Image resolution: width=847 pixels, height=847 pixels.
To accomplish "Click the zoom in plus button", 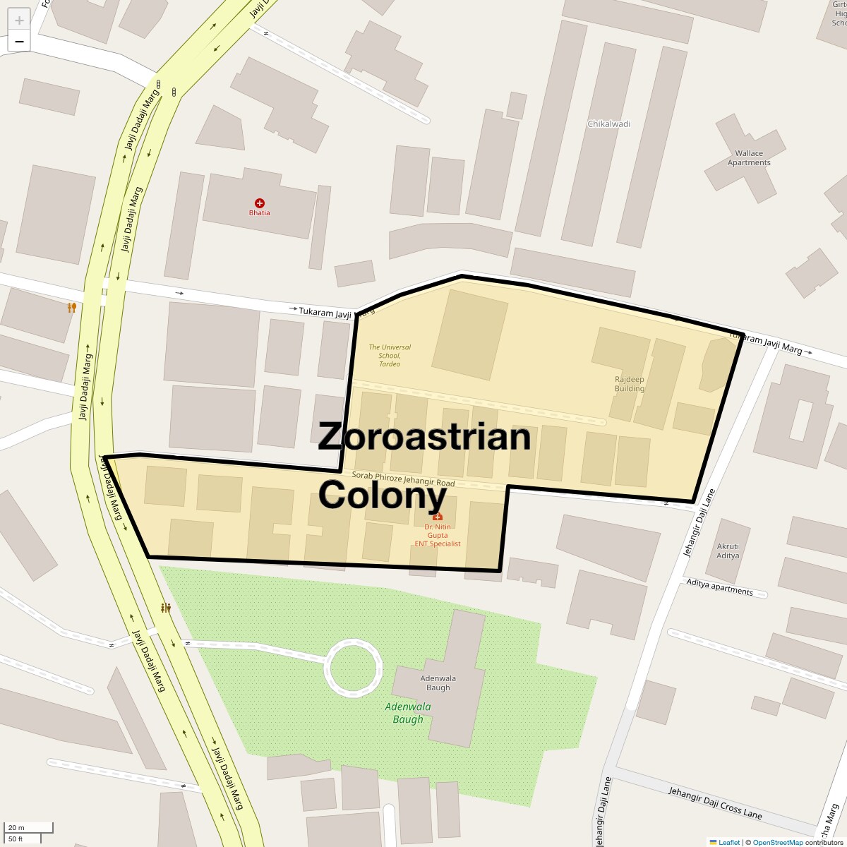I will click(19, 20).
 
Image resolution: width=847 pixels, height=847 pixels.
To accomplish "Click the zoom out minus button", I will click(19, 42).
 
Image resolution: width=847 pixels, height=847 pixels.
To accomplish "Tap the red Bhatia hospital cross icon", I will click(259, 203).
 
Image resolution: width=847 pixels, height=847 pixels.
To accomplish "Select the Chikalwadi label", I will click(608, 124).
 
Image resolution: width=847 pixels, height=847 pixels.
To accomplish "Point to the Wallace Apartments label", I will click(749, 157).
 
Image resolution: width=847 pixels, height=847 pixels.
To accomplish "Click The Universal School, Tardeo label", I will click(390, 355).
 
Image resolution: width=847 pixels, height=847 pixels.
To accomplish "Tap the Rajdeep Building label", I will click(629, 384).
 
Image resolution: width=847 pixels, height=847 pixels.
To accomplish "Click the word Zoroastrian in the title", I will click(423, 436).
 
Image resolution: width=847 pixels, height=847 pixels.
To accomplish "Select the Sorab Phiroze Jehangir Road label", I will click(403, 479).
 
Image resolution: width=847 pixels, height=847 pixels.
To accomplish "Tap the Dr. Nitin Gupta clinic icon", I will click(438, 516).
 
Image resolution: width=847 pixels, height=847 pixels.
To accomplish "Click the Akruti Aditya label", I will click(728, 551).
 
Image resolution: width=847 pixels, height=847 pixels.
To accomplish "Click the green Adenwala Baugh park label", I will click(408, 713).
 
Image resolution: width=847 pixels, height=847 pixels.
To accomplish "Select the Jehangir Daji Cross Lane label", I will click(715, 802).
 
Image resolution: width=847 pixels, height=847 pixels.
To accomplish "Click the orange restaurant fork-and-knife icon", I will click(71, 307).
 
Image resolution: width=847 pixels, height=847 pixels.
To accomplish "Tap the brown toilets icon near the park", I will click(166, 607).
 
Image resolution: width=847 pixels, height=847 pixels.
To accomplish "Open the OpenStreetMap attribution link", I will click(777, 842).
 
